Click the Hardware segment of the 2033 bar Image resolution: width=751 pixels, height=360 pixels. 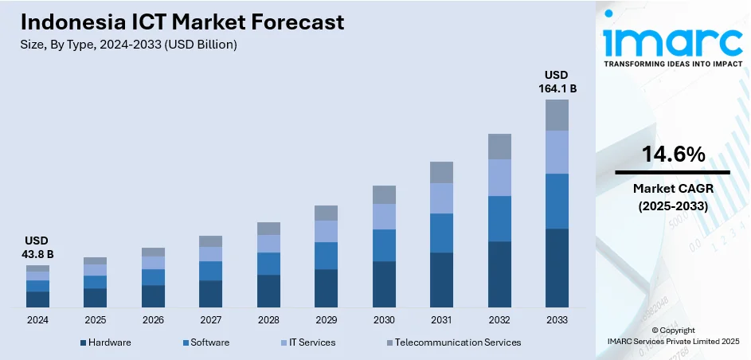tap(557, 268)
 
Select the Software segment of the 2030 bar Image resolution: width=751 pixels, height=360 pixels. tap(384, 245)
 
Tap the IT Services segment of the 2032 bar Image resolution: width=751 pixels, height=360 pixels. tap(499, 178)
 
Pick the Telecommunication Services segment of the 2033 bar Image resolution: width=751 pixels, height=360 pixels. tap(557, 115)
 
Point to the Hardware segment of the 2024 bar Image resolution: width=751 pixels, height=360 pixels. tap(37, 299)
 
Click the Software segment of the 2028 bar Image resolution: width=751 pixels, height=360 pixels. tap(268, 264)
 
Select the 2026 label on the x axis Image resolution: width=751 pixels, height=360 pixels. tap(153, 319)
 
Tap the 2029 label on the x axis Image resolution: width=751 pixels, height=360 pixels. tap(326, 319)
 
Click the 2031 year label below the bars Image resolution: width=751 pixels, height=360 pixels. tap(441, 319)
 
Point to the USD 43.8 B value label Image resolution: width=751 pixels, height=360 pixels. tap(37, 247)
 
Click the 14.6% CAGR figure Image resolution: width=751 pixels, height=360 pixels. tap(673, 155)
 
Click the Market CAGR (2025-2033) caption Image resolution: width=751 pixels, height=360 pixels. tap(673, 197)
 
